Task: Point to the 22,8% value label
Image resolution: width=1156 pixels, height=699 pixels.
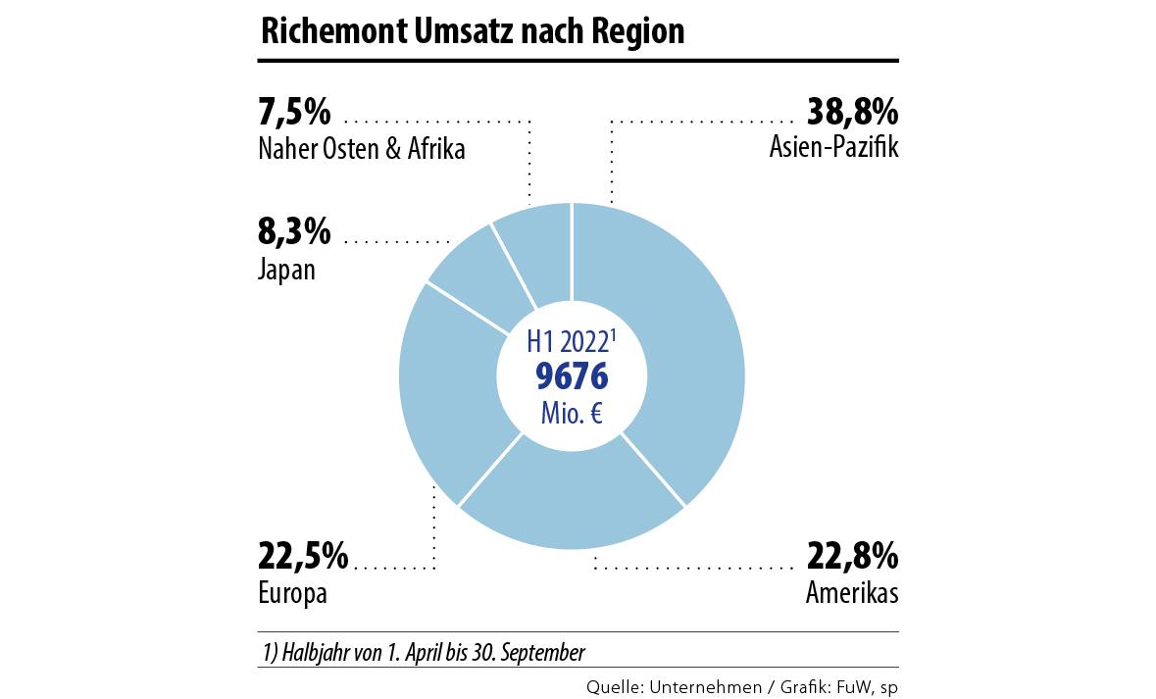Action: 851,557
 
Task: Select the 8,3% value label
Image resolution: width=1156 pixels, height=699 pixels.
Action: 294,233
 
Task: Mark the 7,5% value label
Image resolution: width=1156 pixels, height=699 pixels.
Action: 294,113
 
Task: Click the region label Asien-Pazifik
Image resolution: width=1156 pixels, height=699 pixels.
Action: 834,149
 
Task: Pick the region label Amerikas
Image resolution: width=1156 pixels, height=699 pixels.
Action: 851,593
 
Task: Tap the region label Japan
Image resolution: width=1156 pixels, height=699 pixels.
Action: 286,270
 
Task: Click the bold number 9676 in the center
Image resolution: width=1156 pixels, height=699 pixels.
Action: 572,376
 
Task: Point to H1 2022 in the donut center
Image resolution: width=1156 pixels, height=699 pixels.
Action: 569,343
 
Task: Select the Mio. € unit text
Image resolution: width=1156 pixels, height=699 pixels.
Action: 571,413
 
